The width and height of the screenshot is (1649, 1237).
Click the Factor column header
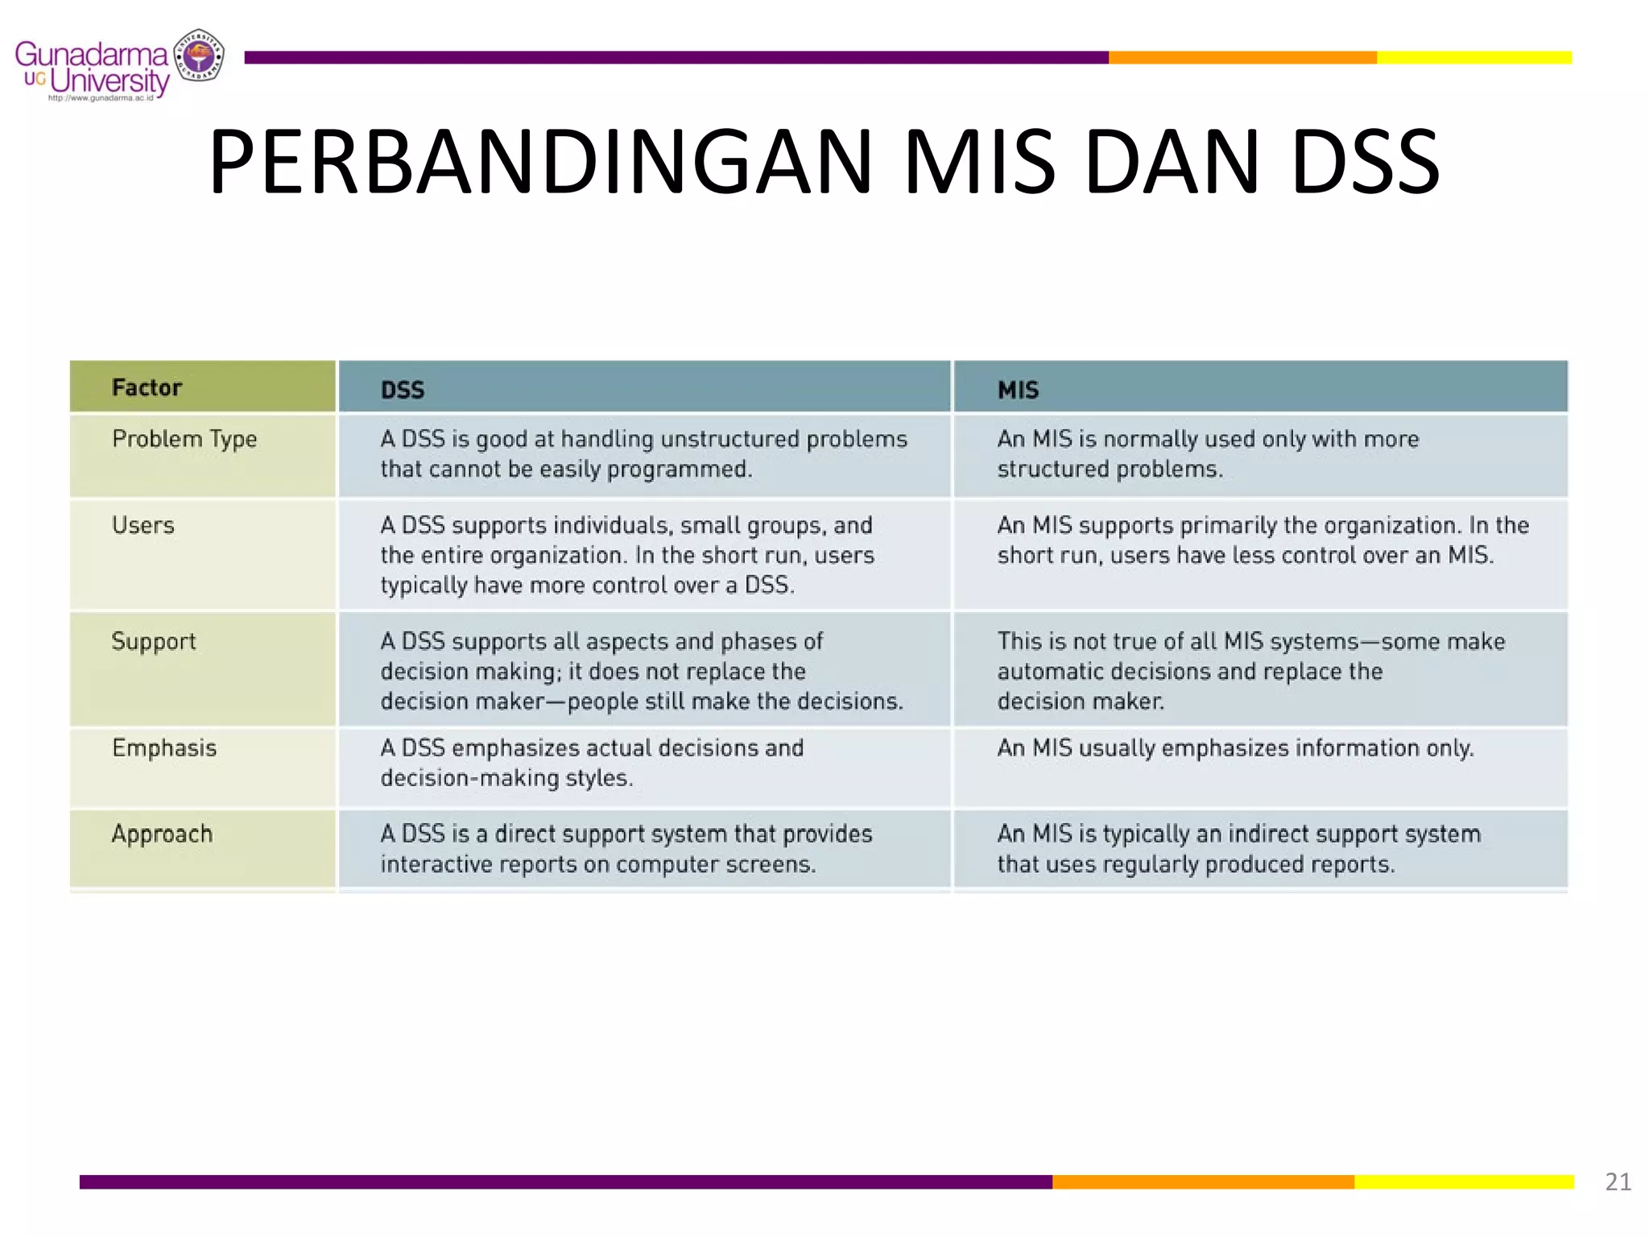(x=147, y=387)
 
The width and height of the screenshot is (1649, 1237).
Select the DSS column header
(x=402, y=390)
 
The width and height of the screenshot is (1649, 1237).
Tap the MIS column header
(x=1018, y=390)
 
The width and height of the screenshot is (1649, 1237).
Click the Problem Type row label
(x=184, y=439)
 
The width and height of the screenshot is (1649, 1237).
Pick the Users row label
(x=143, y=525)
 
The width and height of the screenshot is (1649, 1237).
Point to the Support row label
(x=153, y=641)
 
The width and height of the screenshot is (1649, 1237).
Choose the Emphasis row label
(x=164, y=748)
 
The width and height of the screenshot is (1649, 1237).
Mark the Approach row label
(x=162, y=834)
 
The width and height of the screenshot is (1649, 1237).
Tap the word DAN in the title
(x=1172, y=163)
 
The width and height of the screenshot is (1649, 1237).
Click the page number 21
(x=1618, y=1181)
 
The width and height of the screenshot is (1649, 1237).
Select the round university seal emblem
(x=199, y=56)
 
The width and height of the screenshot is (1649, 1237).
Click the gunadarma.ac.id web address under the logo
(x=100, y=98)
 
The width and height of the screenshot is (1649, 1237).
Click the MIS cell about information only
(x=1235, y=748)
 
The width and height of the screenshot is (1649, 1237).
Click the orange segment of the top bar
(x=1242, y=57)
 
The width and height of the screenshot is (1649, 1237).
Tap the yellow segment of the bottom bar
(x=1463, y=1181)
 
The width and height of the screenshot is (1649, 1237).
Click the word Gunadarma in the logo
(x=90, y=55)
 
